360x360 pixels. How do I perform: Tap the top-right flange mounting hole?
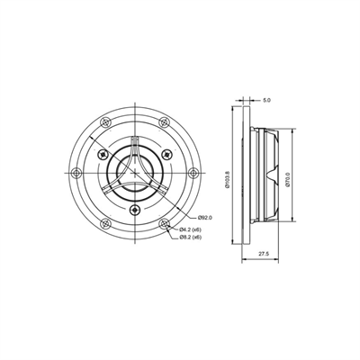click(163, 123)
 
